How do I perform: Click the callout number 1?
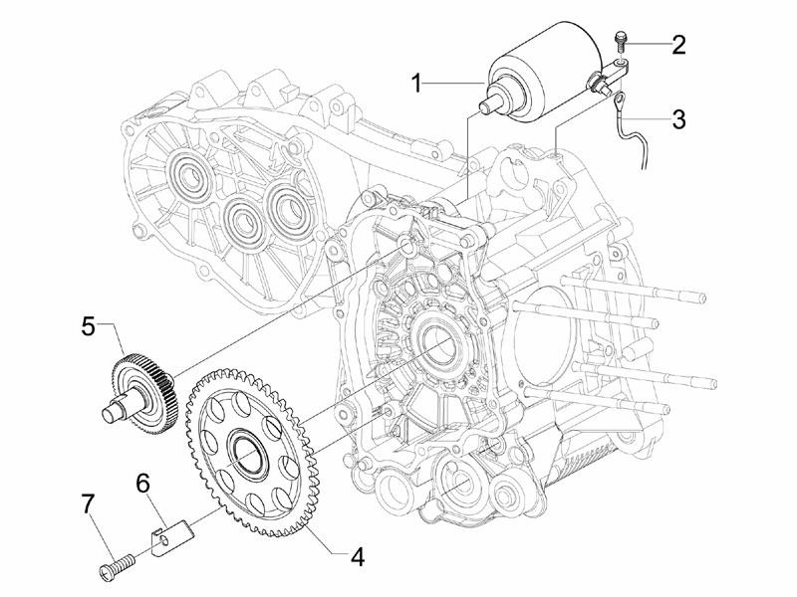(x=416, y=84)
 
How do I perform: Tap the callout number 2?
(x=679, y=45)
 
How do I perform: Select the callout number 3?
(x=679, y=119)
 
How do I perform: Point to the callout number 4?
(x=358, y=558)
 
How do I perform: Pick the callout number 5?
(x=88, y=326)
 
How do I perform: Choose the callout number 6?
(x=142, y=484)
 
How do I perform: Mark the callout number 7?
(x=88, y=507)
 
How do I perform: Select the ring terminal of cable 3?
(x=620, y=99)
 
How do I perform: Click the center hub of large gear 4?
(x=248, y=449)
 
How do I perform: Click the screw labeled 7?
(x=116, y=565)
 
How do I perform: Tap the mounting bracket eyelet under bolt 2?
(x=620, y=65)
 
